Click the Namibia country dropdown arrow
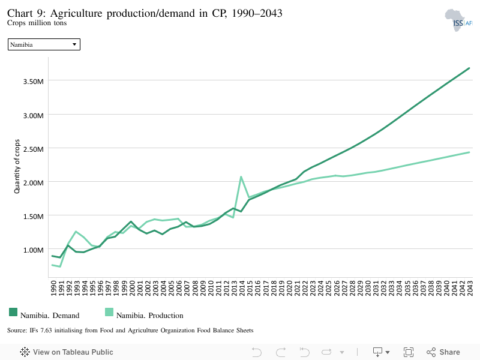point(74,44)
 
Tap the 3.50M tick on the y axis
point(34,82)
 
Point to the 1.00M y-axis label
point(34,250)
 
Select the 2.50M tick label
point(34,149)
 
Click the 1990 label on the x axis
point(53,288)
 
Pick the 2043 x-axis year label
point(470,288)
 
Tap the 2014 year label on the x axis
point(242,288)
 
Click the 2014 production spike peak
point(241,177)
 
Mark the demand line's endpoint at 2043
point(469,68)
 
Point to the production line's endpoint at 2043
point(469,152)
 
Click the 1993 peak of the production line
point(76,232)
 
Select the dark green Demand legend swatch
point(13,312)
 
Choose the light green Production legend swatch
point(109,312)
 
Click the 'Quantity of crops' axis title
point(17,166)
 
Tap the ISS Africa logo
point(458,20)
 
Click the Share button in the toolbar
point(443,352)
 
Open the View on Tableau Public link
point(67,352)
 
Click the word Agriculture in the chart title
point(76,13)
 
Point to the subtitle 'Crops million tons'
point(37,23)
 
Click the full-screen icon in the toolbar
point(409,352)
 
